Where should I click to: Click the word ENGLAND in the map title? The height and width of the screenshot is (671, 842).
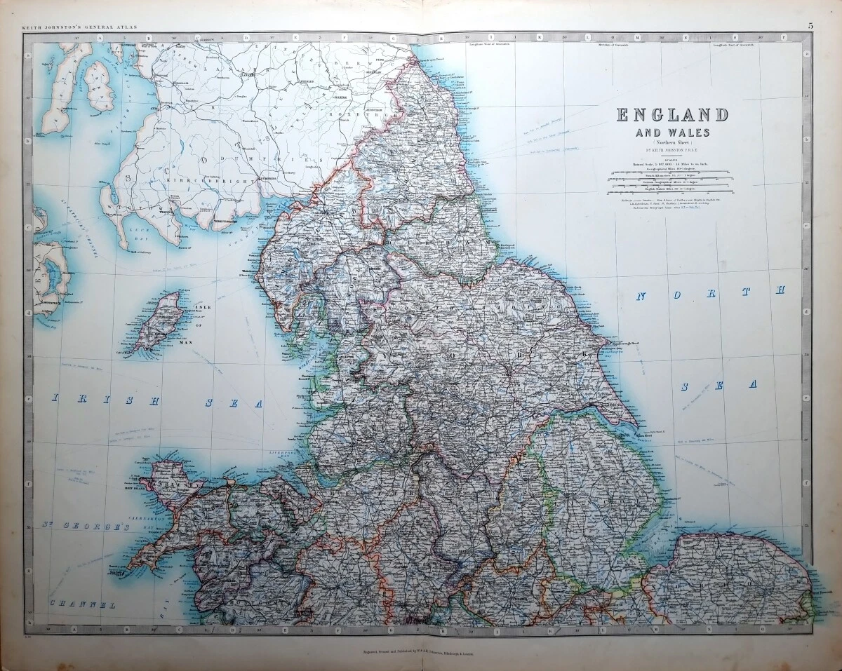pyautogui.click(x=672, y=114)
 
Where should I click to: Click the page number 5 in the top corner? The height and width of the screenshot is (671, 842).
pyautogui.click(x=810, y=26)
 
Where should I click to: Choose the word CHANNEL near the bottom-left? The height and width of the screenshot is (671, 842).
pyautogui.click(x=82, y=604)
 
